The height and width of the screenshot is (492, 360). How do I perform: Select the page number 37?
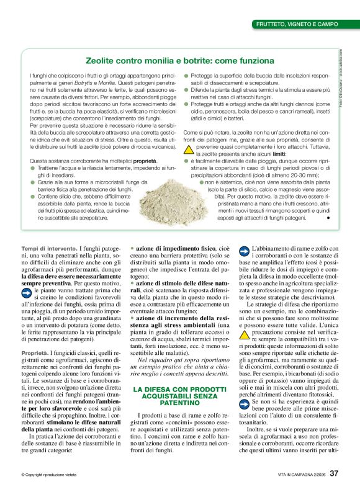(x=334, y=474)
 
